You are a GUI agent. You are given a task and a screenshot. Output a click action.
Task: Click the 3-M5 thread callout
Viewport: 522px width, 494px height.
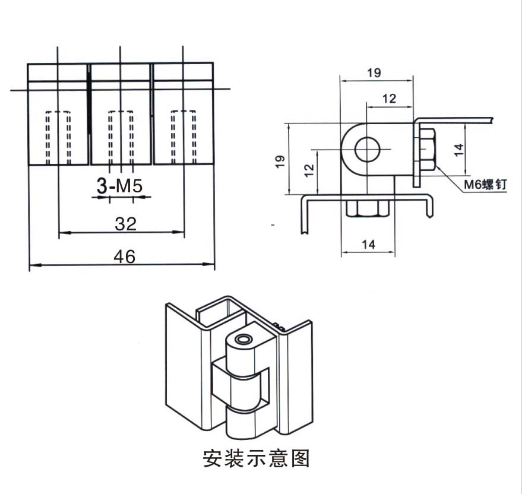119,186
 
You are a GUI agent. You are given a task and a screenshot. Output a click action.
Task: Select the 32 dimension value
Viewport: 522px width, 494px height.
125,224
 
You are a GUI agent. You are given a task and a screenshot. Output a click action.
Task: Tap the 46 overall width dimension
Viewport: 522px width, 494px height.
125,256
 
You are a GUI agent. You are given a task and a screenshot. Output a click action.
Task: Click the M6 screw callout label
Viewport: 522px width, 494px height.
485,184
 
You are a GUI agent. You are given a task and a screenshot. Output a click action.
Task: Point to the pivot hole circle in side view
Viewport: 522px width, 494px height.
368,149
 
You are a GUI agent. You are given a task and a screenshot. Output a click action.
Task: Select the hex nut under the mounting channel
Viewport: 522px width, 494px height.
368,208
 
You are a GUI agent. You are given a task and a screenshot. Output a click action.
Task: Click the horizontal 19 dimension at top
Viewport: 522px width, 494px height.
374,72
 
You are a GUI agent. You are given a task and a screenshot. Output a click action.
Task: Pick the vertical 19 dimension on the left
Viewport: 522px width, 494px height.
280,161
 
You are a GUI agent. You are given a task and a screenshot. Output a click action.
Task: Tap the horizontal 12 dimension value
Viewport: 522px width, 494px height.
389,99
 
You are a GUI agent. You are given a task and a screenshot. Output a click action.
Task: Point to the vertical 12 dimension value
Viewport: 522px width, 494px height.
309,170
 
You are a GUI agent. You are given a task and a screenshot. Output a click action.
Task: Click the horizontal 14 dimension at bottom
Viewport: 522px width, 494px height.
368,245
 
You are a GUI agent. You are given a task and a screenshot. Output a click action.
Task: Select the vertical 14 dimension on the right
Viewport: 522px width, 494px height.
458,150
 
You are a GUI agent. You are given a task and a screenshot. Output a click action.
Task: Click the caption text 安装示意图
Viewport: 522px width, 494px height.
257,458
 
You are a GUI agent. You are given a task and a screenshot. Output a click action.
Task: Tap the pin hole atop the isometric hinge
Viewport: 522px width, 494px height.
242,340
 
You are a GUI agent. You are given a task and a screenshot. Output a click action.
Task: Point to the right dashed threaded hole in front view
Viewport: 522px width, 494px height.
184,137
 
